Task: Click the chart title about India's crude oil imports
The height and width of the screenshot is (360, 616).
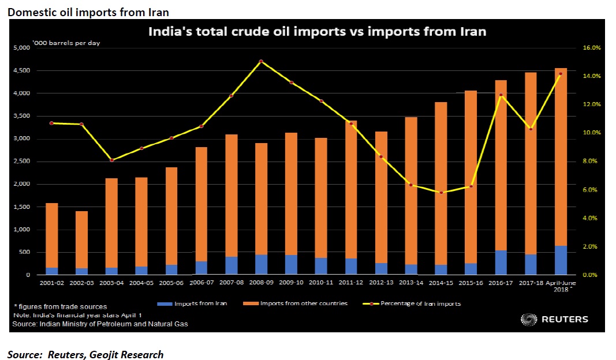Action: tap(317, 32)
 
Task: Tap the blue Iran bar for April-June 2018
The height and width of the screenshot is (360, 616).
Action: tap(561, 260)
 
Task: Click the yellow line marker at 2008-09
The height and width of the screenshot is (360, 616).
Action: tap(261, 61)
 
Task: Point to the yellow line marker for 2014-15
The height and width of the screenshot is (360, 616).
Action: tap(441, 192)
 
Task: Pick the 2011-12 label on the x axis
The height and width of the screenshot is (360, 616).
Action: tap(351, 283)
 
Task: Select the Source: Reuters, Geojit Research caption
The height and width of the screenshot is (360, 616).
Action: tap(85, 355)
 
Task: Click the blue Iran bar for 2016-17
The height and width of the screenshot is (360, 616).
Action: tap(501, 262)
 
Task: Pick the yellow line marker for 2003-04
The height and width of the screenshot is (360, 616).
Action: tap(111, 160)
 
